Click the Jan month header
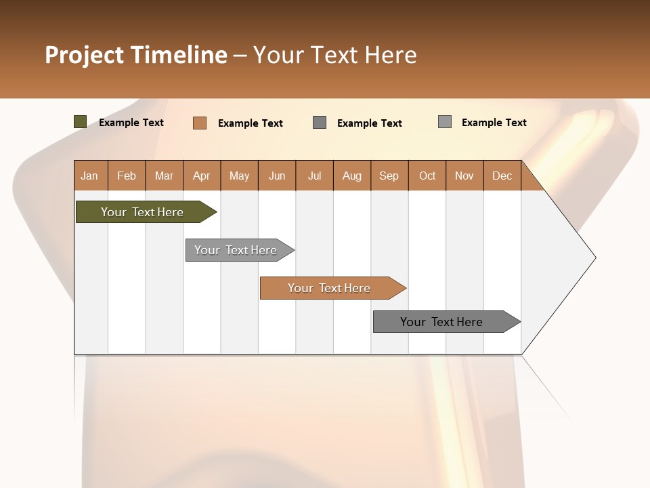89,176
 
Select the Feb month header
127,176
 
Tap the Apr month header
202,176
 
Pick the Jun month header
277,176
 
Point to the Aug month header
352,176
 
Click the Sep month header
389,176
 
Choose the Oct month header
427,176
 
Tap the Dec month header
502,176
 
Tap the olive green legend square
80,122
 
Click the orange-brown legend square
199,123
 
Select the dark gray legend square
320,123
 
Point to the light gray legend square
444,122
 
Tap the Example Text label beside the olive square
131,123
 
